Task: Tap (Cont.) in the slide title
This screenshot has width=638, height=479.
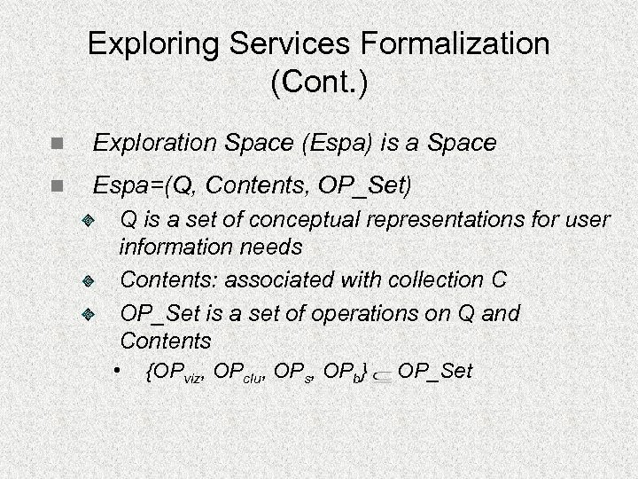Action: (318, 85)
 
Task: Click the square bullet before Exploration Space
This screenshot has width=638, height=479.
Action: (57, 142)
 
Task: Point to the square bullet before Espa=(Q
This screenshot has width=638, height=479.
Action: (57, 188)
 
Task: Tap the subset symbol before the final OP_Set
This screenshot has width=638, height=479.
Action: (384, 373)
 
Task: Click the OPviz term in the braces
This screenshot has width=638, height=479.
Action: (175, 371)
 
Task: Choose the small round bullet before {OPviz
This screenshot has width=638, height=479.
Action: (116, 369)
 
